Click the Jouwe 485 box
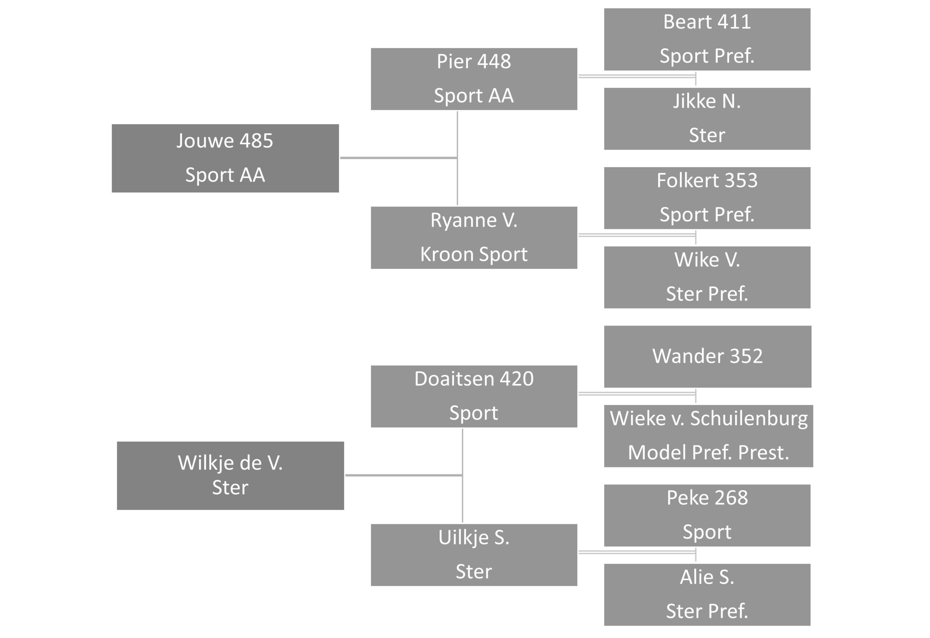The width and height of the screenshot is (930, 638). (x=225, y=158)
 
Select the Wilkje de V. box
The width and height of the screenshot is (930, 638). (x=230, y=476)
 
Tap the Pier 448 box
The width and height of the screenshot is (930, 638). (x=474, y=79)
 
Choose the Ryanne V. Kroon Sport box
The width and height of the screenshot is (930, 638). (x=474, y=238)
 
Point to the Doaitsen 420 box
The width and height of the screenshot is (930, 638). (x=474, y=397)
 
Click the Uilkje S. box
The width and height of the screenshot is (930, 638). (x=474, y=555)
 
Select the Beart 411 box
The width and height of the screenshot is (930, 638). (x=707, y=39)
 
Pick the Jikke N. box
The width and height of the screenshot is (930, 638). (x=707, y=119)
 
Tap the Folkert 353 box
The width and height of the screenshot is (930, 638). (x=707, y=198)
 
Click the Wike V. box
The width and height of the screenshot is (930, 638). (x=707, y=277)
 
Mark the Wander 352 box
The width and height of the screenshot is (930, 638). (x=708, y=357)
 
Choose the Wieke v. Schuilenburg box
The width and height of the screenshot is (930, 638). (x=708, y=436)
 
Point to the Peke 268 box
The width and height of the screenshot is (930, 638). (x=707, y=516)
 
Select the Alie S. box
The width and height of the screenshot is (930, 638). (x=707, y=595)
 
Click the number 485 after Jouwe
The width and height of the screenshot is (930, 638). (x=256, y=141)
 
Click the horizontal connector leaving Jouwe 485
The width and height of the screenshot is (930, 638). (x=399, y=158)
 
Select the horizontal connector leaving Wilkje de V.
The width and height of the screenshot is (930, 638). (x=404, y=475)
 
